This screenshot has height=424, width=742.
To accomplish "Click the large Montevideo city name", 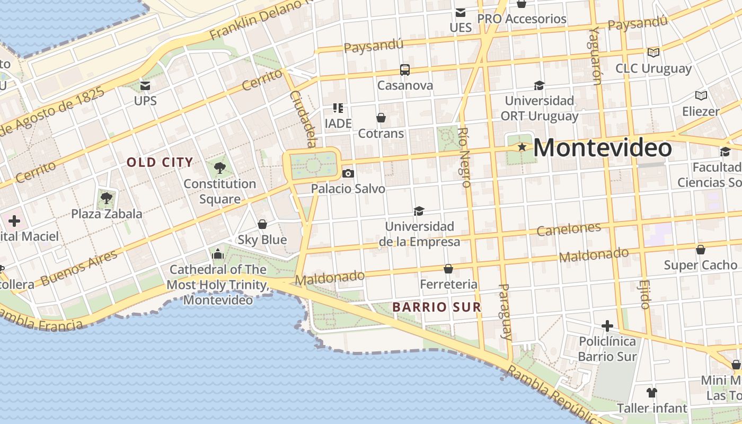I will [x=603, y=147].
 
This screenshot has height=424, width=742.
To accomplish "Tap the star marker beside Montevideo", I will [x=522, y=147].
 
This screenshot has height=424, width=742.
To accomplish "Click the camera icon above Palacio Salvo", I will [x=348, y=173].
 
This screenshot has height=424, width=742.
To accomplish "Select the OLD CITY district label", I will [x=160, y=162].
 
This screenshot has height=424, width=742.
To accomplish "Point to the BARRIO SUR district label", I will [x=437, y=307].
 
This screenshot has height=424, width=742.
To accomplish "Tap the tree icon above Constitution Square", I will [x=220, y=169].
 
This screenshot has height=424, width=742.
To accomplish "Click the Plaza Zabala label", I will [x=107, y=214].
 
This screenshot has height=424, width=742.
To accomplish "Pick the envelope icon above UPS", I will [x=145, y=85].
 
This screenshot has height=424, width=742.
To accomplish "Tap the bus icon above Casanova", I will [x=405, y=70].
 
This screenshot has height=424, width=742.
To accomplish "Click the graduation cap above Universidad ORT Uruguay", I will [x=539, y=85].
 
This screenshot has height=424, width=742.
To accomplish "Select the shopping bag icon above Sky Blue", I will [x=262, y=224].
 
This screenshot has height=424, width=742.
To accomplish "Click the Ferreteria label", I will [x=448, y=284].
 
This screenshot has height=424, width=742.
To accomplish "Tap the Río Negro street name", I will [x=464, y=157].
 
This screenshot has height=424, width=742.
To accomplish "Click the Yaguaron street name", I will [x=596, y=56].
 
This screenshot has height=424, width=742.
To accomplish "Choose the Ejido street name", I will [x=645, y=295].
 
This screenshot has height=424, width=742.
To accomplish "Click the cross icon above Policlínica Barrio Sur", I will [x=607, y=325].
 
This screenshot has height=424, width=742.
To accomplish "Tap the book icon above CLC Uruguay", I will [x=653, y=52].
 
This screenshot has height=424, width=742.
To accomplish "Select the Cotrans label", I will [x=381, y=134].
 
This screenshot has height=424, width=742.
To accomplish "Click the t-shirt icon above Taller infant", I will [x=652, y=393].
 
